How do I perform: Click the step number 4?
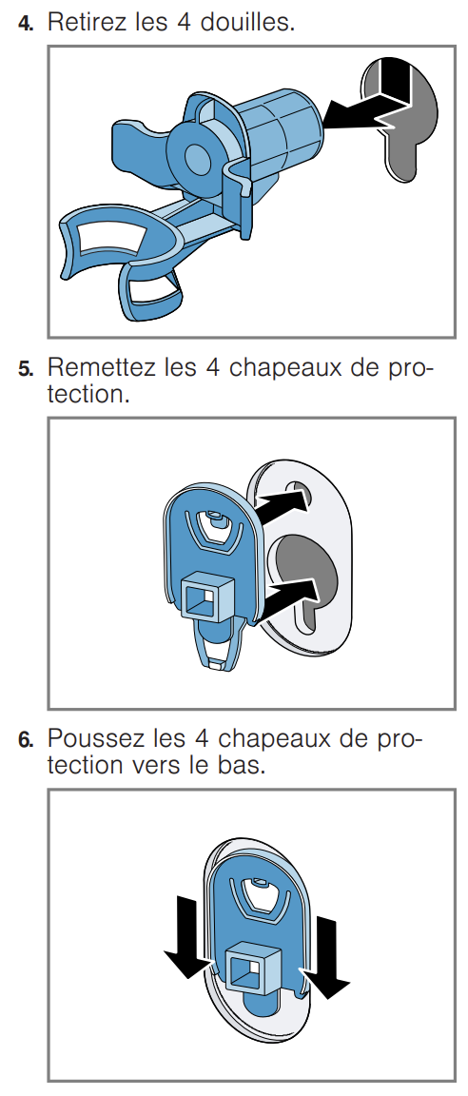[25, 23]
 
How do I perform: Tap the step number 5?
[25, 368]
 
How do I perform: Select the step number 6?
[25, 739]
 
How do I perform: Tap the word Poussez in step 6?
[96, 737]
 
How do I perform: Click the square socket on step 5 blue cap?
[208, 594]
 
